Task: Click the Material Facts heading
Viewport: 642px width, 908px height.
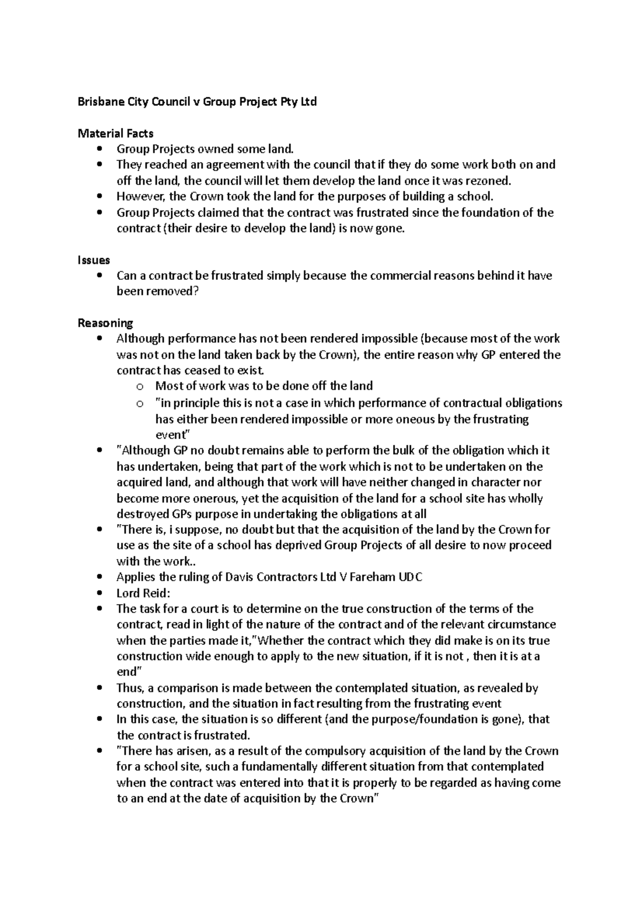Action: pos(116,133)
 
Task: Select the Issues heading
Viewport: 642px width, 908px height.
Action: pos(94,260)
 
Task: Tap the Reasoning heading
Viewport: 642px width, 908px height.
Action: pos(105,323)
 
